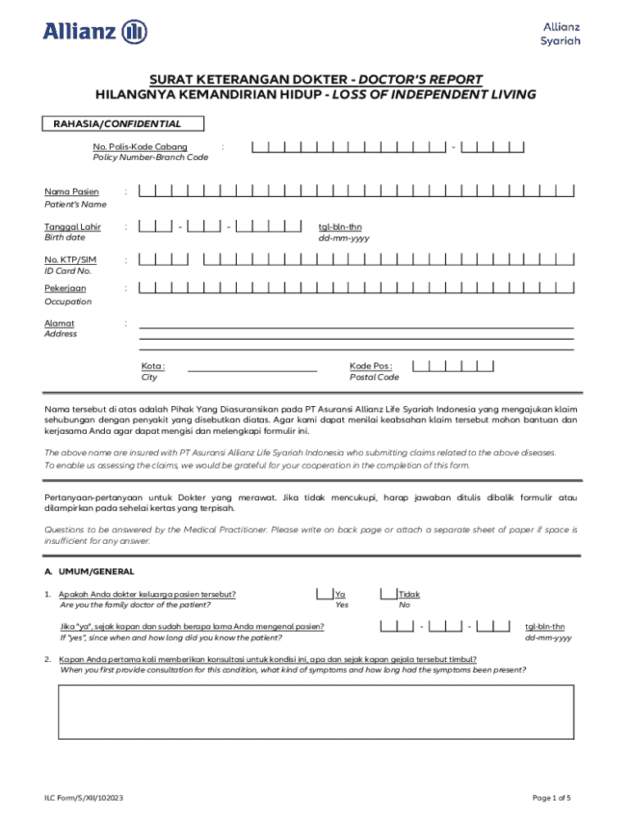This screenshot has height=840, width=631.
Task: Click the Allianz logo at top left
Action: [95, 32]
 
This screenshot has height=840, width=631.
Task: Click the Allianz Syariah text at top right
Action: [561, 34]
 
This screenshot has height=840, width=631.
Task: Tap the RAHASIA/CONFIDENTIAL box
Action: [124, 124]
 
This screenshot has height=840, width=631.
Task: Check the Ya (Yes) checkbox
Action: [325, 594]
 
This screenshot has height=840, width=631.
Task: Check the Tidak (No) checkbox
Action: [388, 594]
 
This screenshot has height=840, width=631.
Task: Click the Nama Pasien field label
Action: [71, 192]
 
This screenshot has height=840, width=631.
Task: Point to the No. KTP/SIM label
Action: [70, 260]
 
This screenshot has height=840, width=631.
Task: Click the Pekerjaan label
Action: [65, 289]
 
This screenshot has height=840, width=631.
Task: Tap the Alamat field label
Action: [59, 323]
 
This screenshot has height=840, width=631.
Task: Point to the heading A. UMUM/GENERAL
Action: [90, 571]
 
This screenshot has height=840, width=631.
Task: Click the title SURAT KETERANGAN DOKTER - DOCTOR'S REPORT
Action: [315, 80]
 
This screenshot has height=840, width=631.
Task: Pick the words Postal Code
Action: [374, 377]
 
